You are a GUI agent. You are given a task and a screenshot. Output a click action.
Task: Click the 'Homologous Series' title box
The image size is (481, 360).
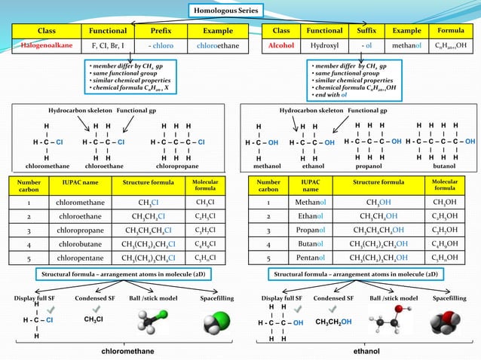pos(225,11)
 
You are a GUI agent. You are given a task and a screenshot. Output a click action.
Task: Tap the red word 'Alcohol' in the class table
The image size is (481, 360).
pos(280,46)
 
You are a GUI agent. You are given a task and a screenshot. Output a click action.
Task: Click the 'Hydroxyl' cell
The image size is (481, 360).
pos(323,46)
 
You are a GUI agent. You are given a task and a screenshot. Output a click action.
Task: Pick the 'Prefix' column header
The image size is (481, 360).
pos(161,31)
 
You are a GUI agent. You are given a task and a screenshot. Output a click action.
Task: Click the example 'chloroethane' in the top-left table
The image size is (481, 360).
pos(218,46)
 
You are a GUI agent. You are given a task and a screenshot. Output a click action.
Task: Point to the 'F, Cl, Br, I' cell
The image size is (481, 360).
pos(108,46)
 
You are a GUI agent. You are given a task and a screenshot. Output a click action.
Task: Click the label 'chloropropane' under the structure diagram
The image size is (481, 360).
pos(177,166)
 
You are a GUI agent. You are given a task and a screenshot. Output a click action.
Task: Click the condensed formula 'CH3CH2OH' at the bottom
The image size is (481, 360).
pos(333,322)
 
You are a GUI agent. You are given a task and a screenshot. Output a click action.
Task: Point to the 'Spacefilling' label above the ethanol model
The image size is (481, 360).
pos(449,298)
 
